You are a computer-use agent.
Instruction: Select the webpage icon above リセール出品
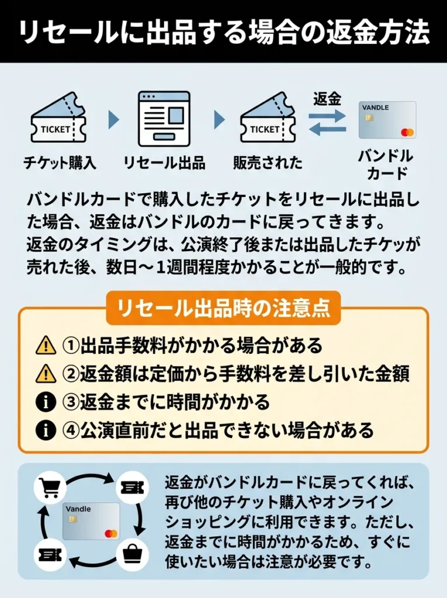[164, 119]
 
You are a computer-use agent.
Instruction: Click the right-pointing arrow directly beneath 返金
[327, 116]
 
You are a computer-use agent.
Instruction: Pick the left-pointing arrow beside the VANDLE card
[327, 130]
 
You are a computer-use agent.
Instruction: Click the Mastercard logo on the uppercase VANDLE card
[407, 132]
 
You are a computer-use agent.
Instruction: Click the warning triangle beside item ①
[46, 346]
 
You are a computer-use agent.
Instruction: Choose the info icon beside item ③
[46, 402]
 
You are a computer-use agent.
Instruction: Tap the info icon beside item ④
[46, 430]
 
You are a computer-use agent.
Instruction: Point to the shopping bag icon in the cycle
[133, 551]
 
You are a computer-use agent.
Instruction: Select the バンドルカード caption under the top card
[385, 165]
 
